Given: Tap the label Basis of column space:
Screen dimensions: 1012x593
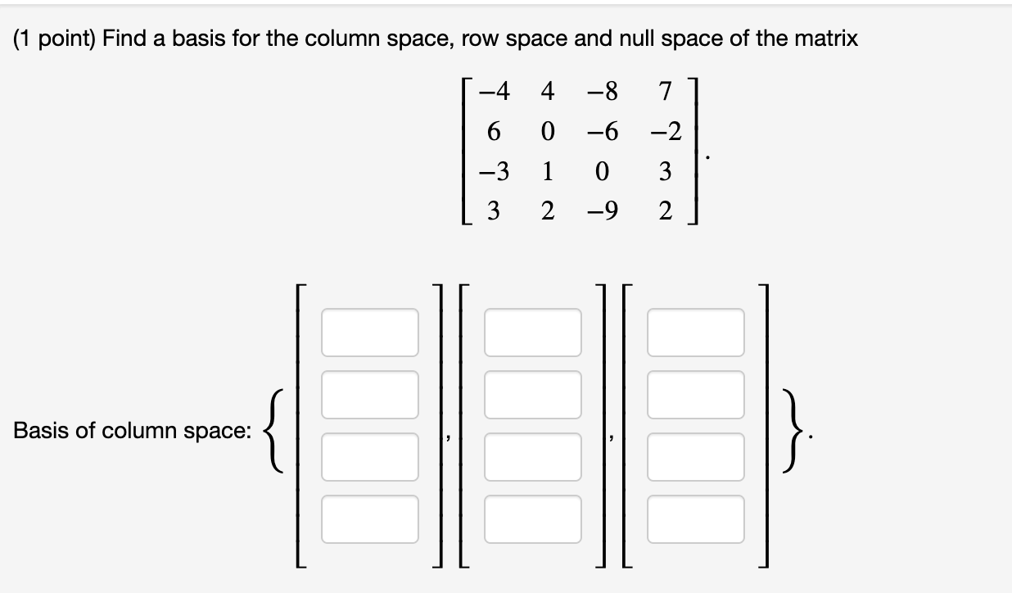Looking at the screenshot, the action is (133, 431).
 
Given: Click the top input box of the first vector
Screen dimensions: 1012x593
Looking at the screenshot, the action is (370, 333).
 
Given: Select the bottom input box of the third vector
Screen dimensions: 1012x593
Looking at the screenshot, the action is (696, 519).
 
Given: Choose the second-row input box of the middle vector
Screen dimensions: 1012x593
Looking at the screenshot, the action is (533, 395).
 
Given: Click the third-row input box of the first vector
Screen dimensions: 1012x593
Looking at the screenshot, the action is (370, 457).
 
